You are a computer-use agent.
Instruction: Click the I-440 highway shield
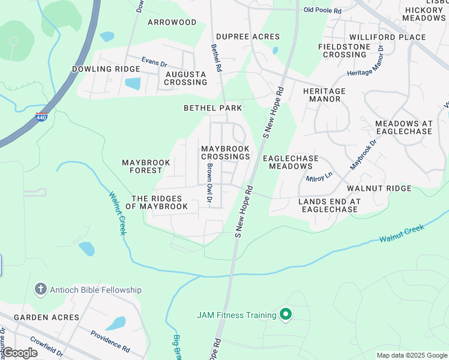coord(41,117)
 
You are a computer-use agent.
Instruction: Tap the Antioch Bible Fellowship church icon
coord(40,290)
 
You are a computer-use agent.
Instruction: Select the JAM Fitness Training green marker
coord(286,314)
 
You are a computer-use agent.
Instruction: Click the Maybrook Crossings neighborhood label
coord(225,152)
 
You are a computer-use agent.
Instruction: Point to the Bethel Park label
coord(212,108)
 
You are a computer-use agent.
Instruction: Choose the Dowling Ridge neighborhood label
coord(106,69)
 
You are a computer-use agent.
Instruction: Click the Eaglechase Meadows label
coord(291,162)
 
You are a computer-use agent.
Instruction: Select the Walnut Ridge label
coord(387,188)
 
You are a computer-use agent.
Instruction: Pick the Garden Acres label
coord(46,317)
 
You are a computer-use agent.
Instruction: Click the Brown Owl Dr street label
coord(209,183)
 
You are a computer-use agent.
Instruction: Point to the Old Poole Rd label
coord(322,10)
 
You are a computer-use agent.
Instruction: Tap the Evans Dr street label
coord(154,61)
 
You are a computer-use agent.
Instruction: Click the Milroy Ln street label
coord(319,177)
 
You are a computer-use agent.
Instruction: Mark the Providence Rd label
coord(110,341)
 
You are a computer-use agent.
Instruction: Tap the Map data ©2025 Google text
coord(412,355)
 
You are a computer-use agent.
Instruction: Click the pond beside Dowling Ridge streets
coord(133,83)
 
